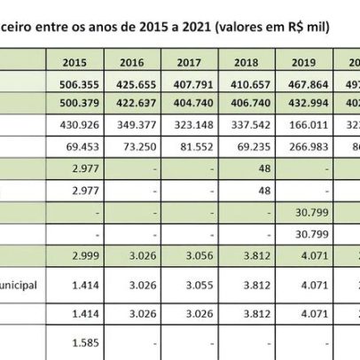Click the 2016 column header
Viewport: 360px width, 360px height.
click(131, 63)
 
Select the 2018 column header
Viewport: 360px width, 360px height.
click(252, 63)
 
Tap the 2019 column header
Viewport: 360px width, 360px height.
click(310, 63)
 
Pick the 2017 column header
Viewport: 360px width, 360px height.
click(192, 63)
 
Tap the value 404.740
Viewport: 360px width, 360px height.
click(192, 102)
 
